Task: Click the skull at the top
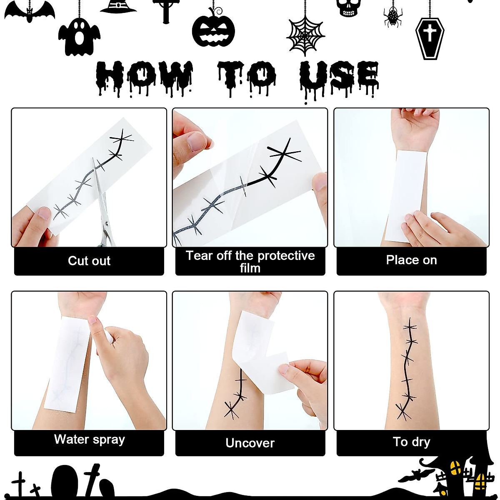coord(348,7)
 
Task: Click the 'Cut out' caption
coord(89,261)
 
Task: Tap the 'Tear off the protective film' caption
coord(250,262)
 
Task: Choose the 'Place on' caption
coord(411,260)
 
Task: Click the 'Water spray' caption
coord(89,440)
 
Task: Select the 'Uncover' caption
coord(250,443)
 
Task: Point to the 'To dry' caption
coord(411,442)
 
